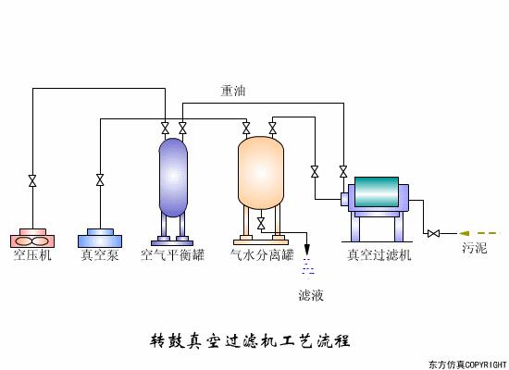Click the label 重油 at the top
[232, 91]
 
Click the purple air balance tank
[173, 176]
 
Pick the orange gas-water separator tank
[260, 172]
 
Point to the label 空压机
[32, 254]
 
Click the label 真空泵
[100, 254]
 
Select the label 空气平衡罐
[172, 254]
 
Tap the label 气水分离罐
[262, 254]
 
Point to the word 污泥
[475, 250]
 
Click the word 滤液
[311, 296]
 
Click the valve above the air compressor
[32, 180]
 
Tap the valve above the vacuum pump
[100, 180]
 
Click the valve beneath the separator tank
[261, 223]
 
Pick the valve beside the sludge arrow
[433, 232]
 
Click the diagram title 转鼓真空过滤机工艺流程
[250, 339]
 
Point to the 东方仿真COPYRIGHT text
[467, 364]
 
